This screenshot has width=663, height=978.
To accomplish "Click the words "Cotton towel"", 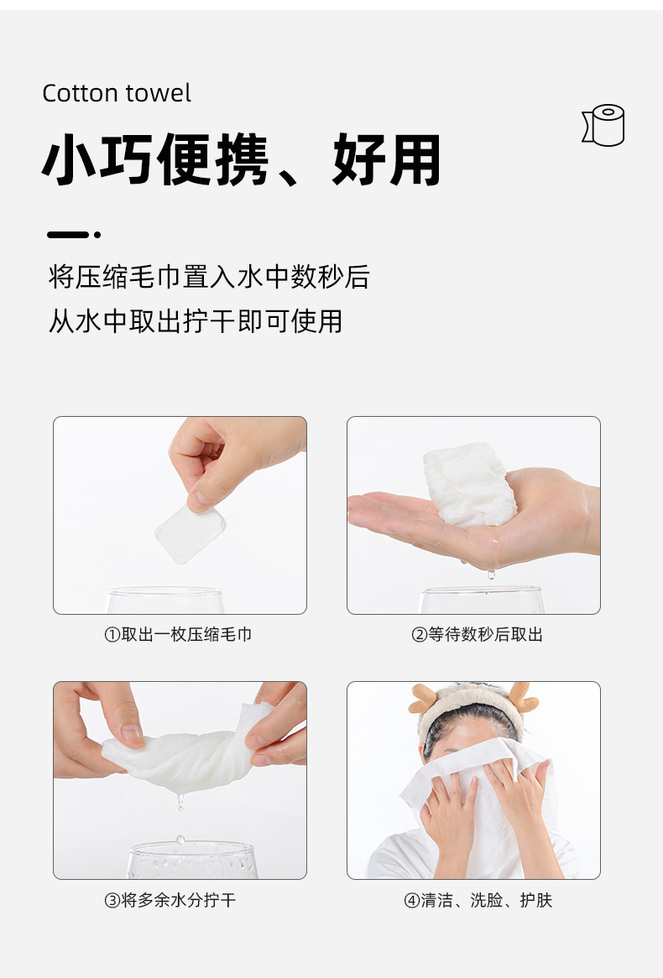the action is tap(116, 94).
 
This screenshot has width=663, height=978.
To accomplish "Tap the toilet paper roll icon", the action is tap(603, 125).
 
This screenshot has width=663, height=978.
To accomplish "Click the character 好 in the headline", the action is tap(358, 159).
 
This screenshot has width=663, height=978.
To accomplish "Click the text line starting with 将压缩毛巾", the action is tap(209, 276).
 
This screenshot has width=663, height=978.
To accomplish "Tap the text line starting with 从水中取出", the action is tap(196, 321).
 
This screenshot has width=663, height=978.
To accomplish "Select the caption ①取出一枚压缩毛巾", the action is tap(178, 634).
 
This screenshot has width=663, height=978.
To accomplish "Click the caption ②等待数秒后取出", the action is tap(477, 634).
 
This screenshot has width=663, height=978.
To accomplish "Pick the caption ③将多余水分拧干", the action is tap(170, 900).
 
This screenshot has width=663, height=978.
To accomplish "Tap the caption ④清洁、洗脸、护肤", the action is tap(478, 900).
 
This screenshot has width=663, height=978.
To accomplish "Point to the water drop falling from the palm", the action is tap(491, 574).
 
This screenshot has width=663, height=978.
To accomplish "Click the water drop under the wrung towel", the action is tap(180, 802).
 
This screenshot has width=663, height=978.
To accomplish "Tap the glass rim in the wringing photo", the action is tap(191, 848).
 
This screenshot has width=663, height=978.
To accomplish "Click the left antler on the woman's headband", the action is tap(424, 698).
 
